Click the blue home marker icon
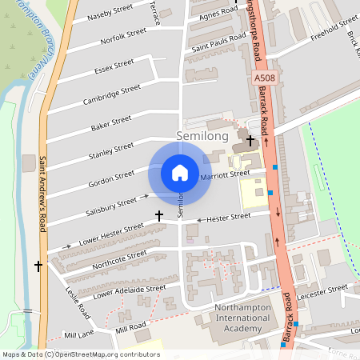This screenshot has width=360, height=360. [x=180, y=173]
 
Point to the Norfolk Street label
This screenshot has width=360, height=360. [x=123, y=36]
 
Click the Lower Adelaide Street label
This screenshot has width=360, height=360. [x=129, y=292]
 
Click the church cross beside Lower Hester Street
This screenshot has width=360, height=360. [x=158, y=216]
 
